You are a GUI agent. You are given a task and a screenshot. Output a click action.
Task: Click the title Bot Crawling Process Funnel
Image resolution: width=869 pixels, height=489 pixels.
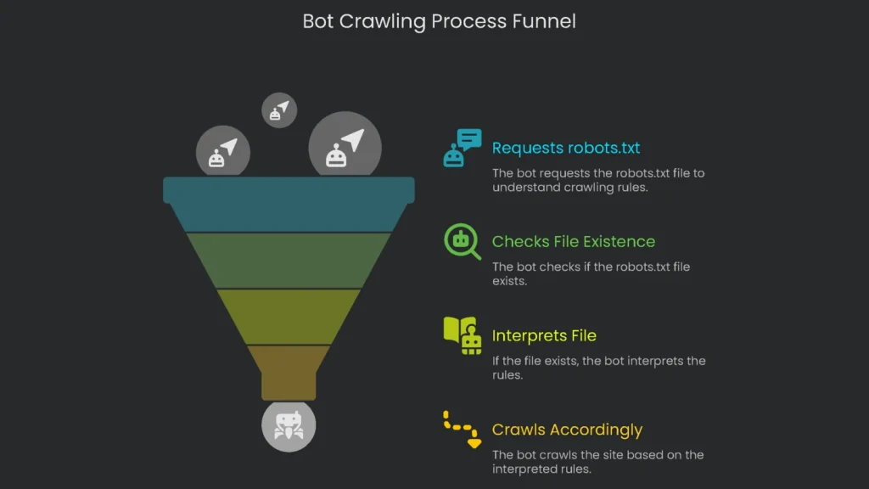point(439,21)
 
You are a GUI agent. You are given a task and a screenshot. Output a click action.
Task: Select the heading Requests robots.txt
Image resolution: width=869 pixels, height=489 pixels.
point(566,148)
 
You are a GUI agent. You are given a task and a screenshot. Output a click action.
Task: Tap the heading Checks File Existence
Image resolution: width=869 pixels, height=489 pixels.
point(574,242)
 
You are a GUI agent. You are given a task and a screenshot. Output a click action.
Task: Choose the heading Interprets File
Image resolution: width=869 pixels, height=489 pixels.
point(544,336)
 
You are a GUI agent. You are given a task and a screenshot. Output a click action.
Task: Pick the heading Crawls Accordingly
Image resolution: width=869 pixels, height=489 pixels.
point(567,430)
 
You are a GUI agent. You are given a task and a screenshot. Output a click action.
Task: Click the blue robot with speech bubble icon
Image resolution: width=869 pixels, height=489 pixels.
point(462,148)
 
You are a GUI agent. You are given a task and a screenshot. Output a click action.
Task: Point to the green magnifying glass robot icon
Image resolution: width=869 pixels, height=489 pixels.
point(462,242)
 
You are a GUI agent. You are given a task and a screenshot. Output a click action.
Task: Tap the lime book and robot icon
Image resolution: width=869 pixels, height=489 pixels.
point(462,335)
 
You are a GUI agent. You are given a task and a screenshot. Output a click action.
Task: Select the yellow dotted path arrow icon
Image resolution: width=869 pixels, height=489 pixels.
point(462,429)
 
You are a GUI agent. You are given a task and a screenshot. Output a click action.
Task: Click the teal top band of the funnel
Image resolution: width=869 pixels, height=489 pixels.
point(289,203)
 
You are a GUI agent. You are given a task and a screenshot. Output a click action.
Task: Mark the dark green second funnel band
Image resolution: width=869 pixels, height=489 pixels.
point(289,260)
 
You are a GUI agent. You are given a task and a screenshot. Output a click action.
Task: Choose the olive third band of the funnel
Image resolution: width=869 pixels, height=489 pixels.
point(289,316)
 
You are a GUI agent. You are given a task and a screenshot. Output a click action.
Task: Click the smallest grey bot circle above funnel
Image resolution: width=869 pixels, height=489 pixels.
point(279,110)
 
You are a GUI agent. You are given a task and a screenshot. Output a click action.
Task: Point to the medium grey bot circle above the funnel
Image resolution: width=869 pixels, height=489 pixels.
point(223,152)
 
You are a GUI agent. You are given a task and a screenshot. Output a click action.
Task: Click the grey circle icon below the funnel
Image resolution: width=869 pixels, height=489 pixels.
point(289,425)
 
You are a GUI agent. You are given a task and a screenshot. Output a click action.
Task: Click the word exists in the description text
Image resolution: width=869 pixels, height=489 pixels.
point(509,281)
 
